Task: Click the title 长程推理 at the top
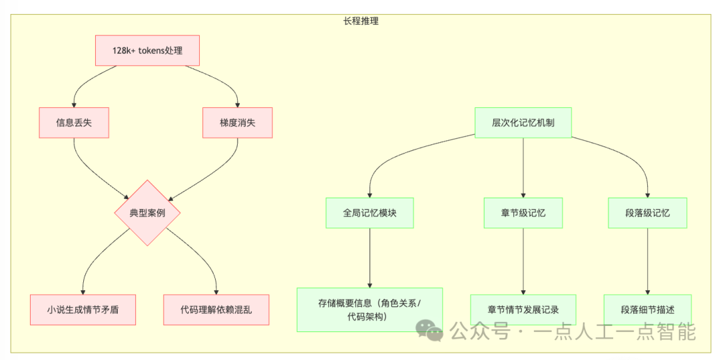tap(361, 21)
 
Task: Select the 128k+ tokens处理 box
tap(147, 51)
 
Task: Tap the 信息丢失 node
tap(73, 123)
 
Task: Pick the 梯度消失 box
tap(237, 123)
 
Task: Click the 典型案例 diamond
tap(147, 213)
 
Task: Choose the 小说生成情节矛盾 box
tap(83, 310)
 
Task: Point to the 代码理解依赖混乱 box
tap(216, 310)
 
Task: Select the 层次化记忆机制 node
tap(523, 123)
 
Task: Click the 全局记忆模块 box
tap(369, 213)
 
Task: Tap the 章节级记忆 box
tap(523, 213)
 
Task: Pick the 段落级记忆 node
tap(647, 213)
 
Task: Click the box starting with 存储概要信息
tap(369, 310)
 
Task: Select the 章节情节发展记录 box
tap(523, 310)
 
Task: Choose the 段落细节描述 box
tap(647, 310)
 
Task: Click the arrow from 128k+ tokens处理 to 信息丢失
tap(83, 83)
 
